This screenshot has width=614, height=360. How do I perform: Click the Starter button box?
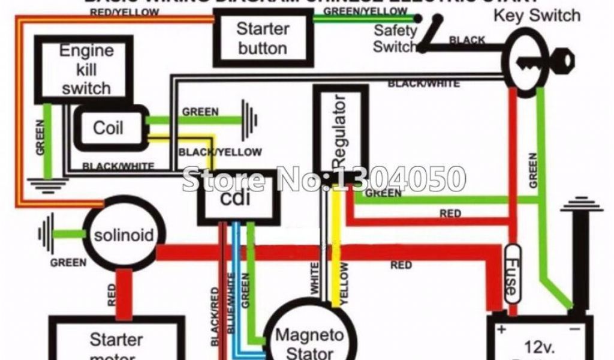tap(263, 38)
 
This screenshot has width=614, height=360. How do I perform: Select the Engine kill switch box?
tap(83, 68)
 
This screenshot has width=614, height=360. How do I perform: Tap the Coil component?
tap(110, 127)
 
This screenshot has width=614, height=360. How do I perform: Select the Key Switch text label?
tap(537, 16)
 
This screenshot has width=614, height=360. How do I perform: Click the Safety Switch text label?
tap(395, 38)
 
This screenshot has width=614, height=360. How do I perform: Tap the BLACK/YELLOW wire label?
tap(220, 152)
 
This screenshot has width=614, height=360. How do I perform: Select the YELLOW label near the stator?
tap(344, 284)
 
